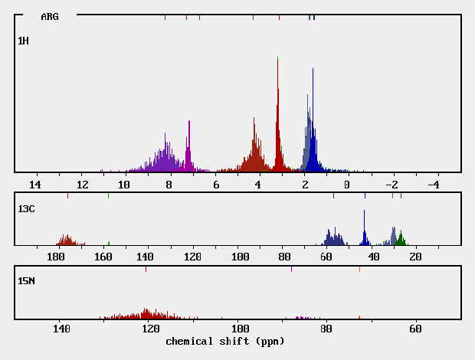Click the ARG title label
pyautogui.click(x=50, y=16)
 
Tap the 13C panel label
pyautogui.click(x=26, y=208)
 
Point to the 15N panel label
pyautogui.click(x=26, y=281)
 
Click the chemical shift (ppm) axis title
pyautogui.click(x=224, y=340)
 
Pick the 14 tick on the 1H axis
pyautogui.click(x=34, y=185)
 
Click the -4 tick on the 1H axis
pyautogui.click(x=433, y=185)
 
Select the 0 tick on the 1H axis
pyautogui.click(x=347, y=185)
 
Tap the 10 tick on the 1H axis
pyautogui.click(x=124, y=185)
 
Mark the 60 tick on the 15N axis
pyautogui.click(x=415, y=329)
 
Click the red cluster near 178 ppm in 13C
pyautogui.click(x=67, y=240)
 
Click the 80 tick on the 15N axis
pyautogui.click(x=327, y=329)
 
